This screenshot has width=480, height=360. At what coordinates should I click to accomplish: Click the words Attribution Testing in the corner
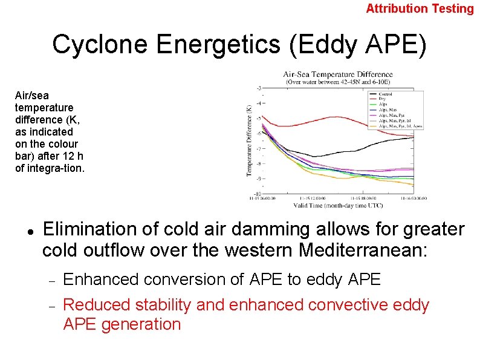coord(420,8)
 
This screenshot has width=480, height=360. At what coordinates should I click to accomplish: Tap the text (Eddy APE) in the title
coord(358,45)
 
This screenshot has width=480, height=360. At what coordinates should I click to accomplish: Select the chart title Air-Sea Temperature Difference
coord(338,74)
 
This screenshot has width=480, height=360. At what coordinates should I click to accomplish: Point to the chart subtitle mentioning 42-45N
coord(338,81)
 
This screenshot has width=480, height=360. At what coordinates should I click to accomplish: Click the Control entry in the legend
coord(386,94)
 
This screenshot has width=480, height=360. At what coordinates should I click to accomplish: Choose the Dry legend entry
coord(382,99)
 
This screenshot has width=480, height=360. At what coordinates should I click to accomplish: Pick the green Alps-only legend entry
coord(383,104)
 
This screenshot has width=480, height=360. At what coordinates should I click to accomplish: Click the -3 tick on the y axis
coord(259,88)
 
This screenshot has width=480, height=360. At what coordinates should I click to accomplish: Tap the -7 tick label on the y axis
coord(259,148)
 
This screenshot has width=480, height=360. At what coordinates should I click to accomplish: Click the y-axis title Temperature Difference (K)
coord(248,140)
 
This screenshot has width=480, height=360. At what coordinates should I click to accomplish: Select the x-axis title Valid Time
coord(338,205)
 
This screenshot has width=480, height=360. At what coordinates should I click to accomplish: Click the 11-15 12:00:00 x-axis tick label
coord(313,198)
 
